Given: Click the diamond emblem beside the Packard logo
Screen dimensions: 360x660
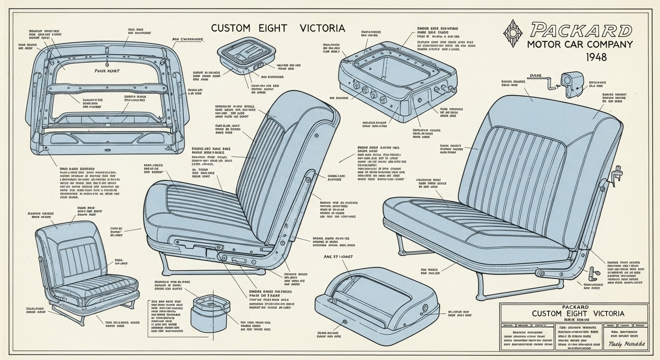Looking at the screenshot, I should click(514, 33).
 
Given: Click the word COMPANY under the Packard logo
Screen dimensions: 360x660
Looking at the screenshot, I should click(606, 45).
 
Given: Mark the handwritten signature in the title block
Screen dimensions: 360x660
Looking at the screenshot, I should click(626, 345).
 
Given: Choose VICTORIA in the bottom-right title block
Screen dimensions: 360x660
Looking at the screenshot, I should click(603, 313).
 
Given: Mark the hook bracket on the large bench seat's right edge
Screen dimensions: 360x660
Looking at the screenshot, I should click(617, 173).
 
